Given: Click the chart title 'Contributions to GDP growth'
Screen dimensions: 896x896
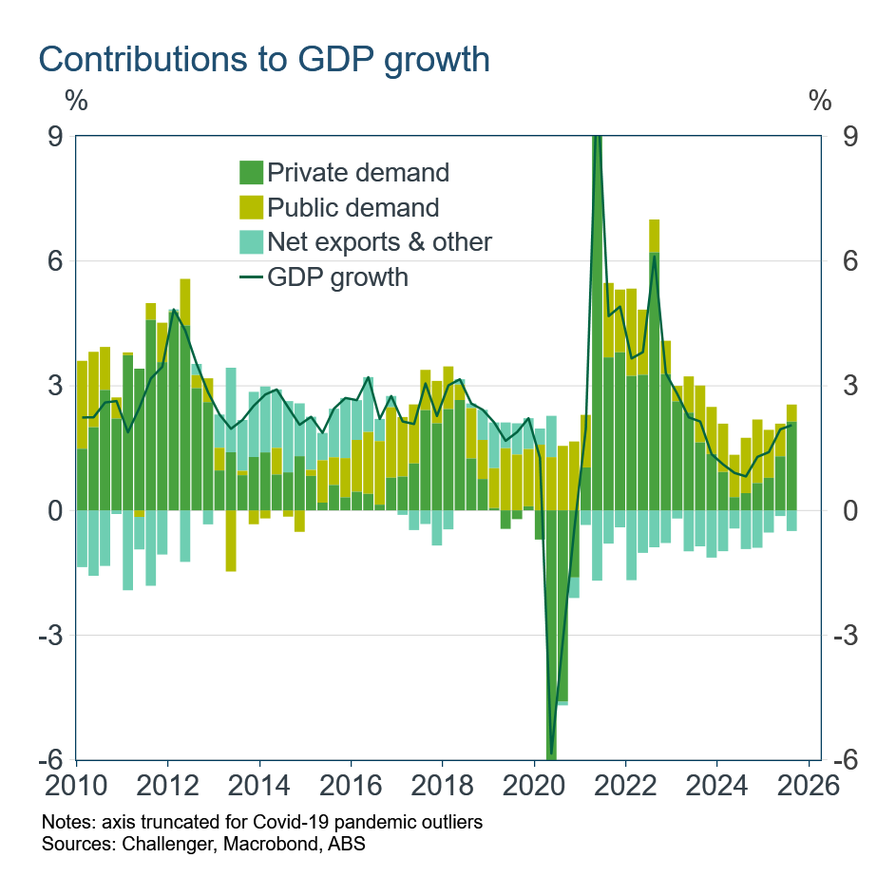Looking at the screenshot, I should pyautogui.click(x=264, y=59).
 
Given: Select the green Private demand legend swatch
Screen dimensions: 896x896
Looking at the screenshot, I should pyautogui.click(x=251, y=173).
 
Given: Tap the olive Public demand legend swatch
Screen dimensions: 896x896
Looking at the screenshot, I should pyautogui.click(x=251, y=207).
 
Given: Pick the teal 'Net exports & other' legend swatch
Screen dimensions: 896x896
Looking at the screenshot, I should pyautogui.click(x=251, y=241).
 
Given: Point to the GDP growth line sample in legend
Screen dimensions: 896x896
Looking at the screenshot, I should pyautogui.click(x=251, y=276).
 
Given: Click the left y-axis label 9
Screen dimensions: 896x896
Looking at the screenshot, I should pyautogui.click(x=55, y=137).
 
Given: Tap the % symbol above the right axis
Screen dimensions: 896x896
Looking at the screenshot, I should pyautogui.click(x=819, y=100).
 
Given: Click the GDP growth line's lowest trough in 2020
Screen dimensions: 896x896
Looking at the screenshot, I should pyautogui.click(x=551, y=751).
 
